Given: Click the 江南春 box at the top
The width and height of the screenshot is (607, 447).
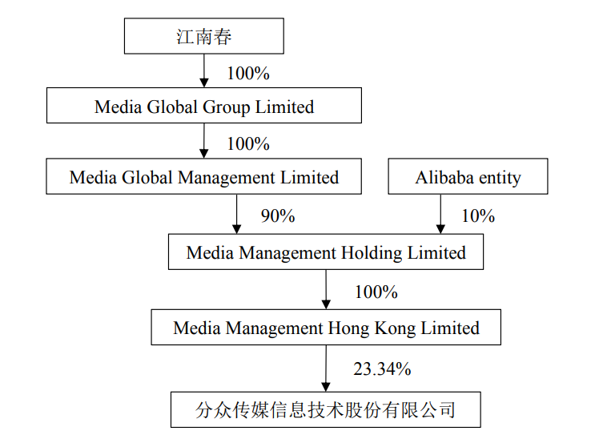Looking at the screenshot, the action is [204, 36].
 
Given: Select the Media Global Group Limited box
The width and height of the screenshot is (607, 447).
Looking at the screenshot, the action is [204, 106].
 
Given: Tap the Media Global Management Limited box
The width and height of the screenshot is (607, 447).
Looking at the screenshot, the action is [204, 176].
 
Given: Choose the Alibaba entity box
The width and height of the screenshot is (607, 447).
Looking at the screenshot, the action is [468, 176].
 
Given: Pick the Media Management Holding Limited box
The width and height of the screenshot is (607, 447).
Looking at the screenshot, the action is [326, 252].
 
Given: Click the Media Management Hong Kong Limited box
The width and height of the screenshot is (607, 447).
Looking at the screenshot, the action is [326, 328].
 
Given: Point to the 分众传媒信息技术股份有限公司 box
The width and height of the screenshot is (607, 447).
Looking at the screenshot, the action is [326, 410].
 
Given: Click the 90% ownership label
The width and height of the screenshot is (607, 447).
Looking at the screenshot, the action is [278, 215].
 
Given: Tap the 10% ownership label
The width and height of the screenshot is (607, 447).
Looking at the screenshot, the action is [478, 215].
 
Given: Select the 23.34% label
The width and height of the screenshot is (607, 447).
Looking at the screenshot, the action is [382, 368].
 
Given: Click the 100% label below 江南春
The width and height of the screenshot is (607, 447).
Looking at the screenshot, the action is [248, 73].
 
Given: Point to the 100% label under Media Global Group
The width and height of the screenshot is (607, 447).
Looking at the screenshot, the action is [248, 143].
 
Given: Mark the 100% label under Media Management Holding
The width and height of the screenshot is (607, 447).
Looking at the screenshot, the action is [376, 292].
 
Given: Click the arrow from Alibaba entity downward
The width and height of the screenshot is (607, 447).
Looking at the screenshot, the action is [440, 214].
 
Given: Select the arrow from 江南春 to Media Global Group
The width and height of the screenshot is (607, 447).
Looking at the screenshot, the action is [204, 70].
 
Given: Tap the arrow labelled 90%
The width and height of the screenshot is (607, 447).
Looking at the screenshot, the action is [237, 214].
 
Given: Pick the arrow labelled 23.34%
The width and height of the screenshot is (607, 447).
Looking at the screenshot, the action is [326, 368].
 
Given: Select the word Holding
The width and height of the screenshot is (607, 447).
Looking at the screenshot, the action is [372, 253].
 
